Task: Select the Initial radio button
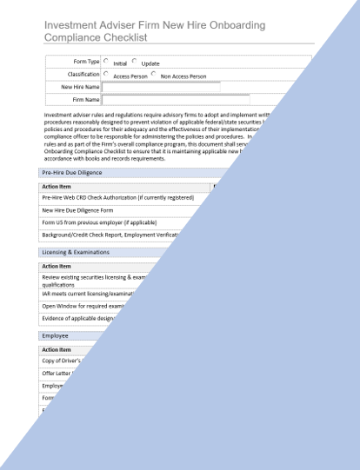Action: pyautogui.click(x=106, y=61)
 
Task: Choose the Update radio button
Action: pyautogui.click(x=135, y=61)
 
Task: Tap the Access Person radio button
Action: pyautogui.click(x=106, y=74)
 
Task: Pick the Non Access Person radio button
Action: pyautogui.click(x=153, y=74)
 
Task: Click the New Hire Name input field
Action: pyautogui.click(x=161, y=87)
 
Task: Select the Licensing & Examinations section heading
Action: pyautogui.click(x=75, y=252)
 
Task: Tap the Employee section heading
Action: pyautogui.click(x=56, y=334)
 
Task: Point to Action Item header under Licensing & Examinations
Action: pyautogui.click(x=57, y=266)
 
